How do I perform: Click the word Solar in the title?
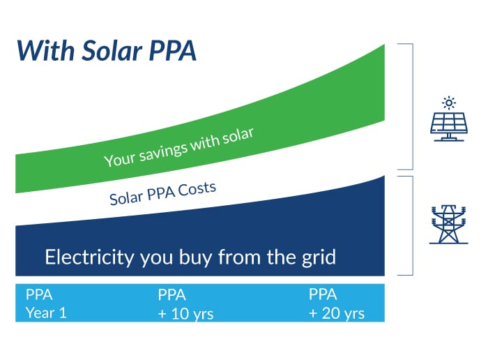point(112,50)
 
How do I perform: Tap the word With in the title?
point(46,50)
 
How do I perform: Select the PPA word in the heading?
point(173,50)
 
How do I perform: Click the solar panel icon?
point(449,126)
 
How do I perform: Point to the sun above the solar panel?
point(449,103)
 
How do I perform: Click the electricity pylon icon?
point(448,224)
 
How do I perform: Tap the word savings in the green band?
point(163,151)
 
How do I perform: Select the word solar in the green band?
point(238,136)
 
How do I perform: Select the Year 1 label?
point(46,313)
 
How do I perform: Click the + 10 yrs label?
point(186,313)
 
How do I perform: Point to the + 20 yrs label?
point(337,313)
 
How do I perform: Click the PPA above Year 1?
point(39,294)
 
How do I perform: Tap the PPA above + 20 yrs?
point(323,294)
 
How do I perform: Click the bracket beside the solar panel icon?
point(413,107)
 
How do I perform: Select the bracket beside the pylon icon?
point(413,226)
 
